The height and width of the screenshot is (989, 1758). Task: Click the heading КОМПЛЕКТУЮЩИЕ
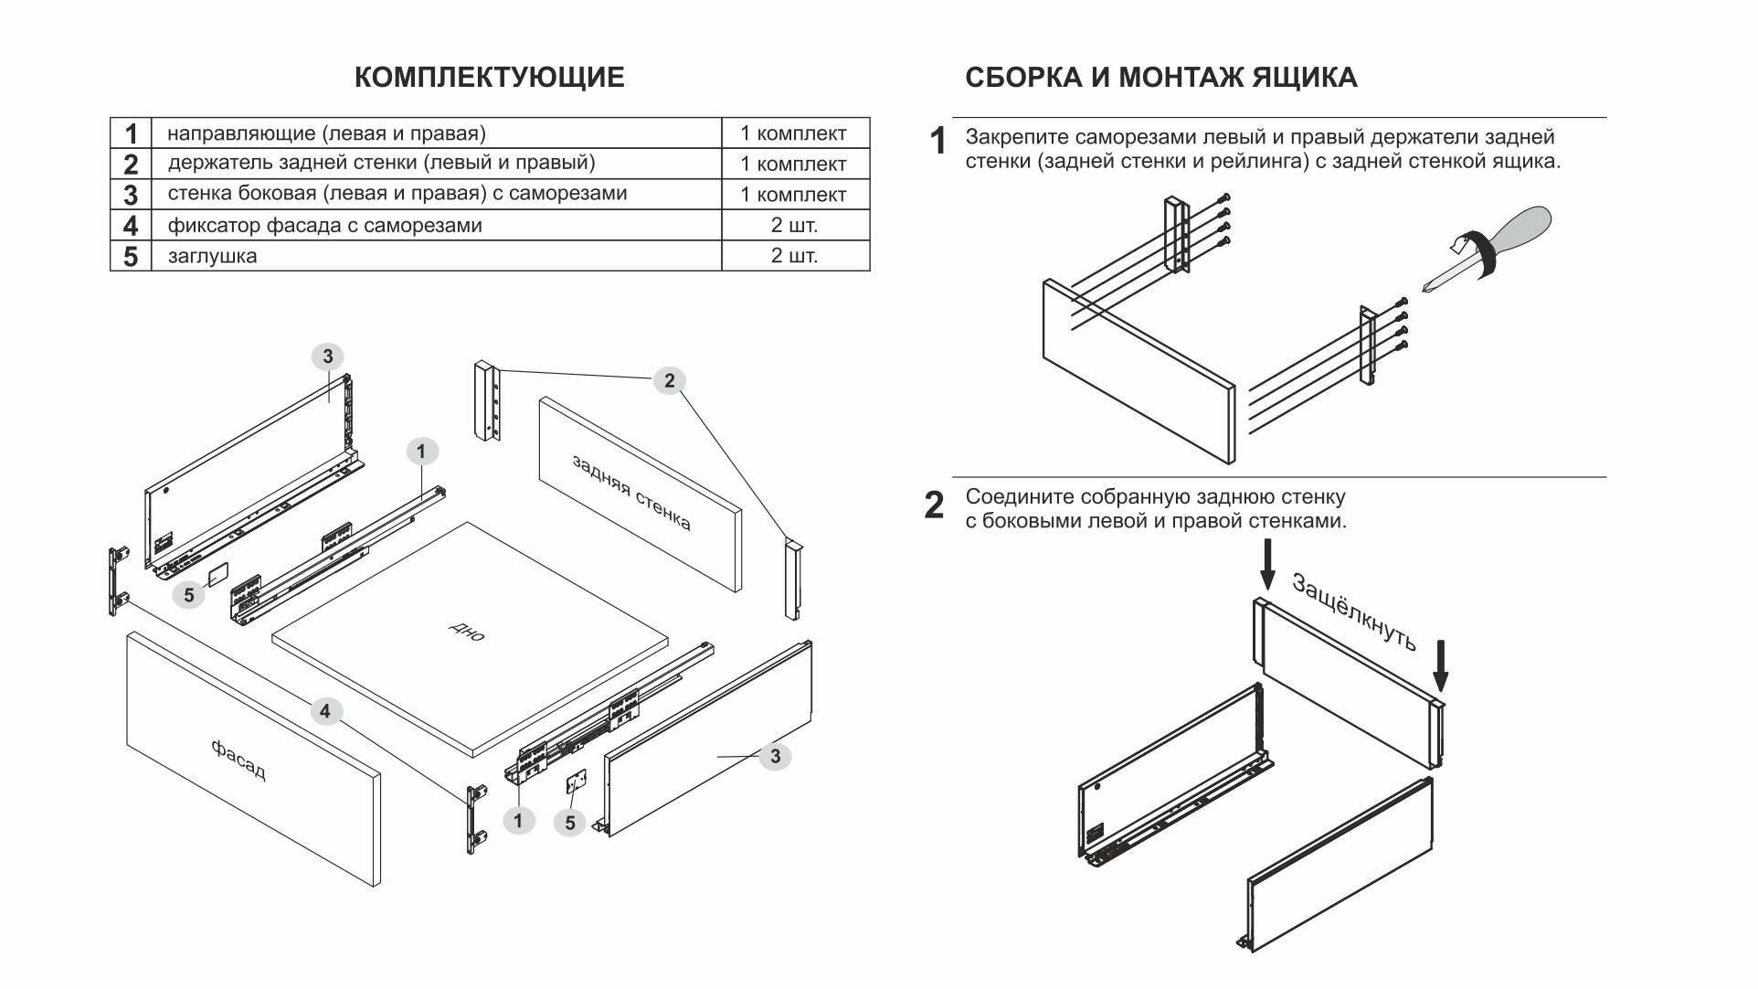[x=489, y=78]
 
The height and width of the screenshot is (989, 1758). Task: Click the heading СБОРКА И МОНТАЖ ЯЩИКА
[x=1160, y=78]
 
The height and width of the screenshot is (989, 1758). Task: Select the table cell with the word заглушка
[x=212, y=257]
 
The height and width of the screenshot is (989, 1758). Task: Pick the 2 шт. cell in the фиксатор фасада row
[x=794, y=226]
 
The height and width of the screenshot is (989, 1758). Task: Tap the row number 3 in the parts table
[x=131, y=195]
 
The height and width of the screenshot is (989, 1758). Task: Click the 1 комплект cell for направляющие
[x=794, y=133]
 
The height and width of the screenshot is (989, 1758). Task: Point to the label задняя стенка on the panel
[x=631, y=493]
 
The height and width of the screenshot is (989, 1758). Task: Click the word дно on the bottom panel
[x=467, y=633]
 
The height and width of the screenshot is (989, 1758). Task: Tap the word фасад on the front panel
[x=238, y=760]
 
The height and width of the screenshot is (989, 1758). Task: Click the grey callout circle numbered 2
[x=669, y=381]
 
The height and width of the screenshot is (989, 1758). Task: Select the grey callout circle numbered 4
[x=325, y=711]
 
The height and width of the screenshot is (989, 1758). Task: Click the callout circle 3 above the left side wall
[x=328, y=357]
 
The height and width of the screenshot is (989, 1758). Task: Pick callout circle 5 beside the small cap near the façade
[x=188, y=596]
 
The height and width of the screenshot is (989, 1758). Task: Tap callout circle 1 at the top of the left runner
[x=421, y=452]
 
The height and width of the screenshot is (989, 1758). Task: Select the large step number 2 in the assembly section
[x=934, y=505]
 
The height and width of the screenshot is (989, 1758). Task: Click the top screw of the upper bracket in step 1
[x=1226, y=198]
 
